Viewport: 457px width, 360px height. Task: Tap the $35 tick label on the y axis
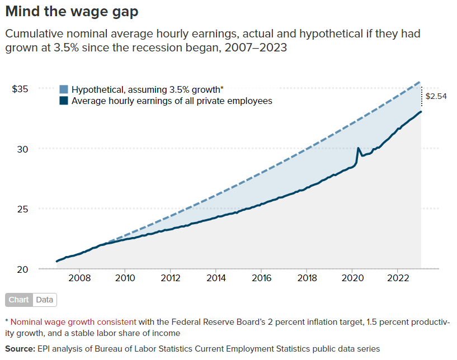coord(20,89)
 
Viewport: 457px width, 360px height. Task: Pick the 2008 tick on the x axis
coord(79,278)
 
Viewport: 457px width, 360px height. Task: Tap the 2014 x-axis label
coord(216,278)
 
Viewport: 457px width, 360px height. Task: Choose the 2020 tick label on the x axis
coord(352,278)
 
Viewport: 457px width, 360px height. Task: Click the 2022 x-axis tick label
coord(398,278)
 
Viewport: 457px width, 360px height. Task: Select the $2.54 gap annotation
coord(435,96)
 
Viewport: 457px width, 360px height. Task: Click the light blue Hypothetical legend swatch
coord(64,89)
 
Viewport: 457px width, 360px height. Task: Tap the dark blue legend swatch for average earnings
coord(64,101)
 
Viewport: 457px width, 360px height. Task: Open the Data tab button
coord(45,300)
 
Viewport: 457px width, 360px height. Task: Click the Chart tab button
coord(18,300)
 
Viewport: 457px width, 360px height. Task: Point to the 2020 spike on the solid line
coord(358,149)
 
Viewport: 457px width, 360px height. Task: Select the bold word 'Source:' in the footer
coord(20,349)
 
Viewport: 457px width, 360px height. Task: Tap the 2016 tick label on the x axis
coord(261,278)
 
